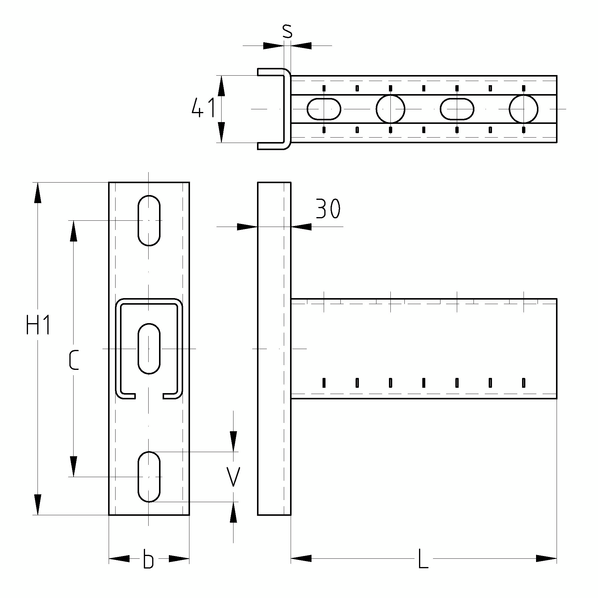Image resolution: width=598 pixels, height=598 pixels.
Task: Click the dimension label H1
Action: (38, 325)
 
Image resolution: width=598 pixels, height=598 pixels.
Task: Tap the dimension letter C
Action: (74, 360)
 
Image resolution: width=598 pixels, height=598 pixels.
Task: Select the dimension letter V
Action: (233, 477)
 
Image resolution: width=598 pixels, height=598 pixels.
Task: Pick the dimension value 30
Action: (328, 209)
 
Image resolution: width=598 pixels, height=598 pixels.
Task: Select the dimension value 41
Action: (203, 108)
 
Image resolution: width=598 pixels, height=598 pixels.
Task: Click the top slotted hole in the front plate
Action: (149, 221)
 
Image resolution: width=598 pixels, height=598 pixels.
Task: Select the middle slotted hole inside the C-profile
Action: (149, 349)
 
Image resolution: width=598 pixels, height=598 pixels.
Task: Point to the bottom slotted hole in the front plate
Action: (149, 477)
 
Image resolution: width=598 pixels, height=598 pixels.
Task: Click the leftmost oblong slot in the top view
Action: (324, 109)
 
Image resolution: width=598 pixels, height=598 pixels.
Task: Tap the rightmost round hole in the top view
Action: (524, 109)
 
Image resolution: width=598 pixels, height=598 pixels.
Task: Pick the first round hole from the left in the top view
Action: (390, 109)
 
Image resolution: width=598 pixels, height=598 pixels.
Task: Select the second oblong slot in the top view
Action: (457, 109)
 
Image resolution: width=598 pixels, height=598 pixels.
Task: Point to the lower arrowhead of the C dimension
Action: (73, 466)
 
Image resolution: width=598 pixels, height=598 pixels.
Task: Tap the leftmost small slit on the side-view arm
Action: (324, 383)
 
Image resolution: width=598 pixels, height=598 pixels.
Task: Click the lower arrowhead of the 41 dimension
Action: (221, 132)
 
